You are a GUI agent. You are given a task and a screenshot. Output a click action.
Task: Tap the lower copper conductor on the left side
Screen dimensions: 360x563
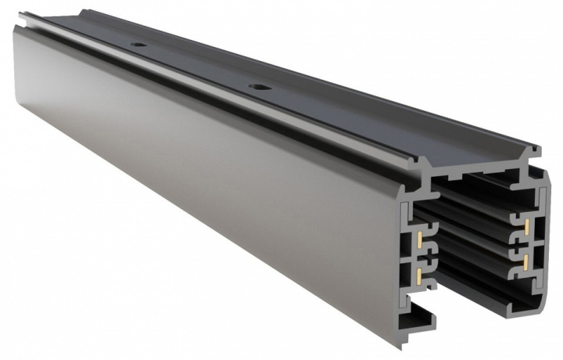421,273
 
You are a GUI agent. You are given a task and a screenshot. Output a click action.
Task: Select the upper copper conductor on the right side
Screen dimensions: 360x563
529,227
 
